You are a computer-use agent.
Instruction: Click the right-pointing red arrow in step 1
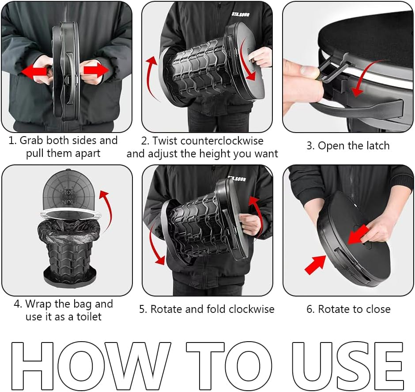96,70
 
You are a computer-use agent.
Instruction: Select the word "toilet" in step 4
89,317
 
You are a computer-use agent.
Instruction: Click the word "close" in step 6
377,309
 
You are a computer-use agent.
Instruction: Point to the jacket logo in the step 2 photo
240,14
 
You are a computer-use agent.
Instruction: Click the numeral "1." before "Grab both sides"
13,141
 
